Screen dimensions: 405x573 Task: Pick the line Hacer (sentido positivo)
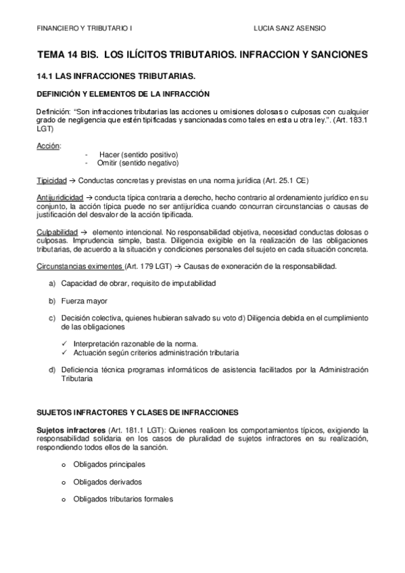pos(129,155)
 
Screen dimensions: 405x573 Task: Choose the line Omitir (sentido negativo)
pos(129,163)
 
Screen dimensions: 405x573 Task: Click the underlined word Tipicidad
pos(51,181)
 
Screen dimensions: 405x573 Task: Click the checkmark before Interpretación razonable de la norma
pos(64,344)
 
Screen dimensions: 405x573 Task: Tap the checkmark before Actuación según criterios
pos(64,353)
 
